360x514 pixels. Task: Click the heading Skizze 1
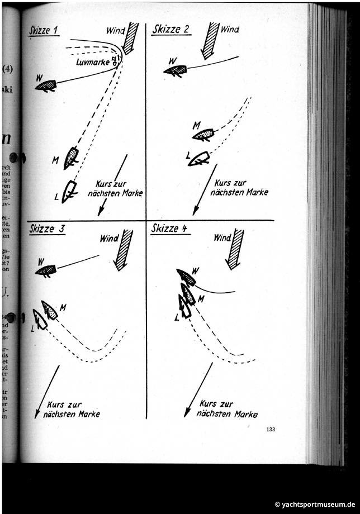pos(44,31)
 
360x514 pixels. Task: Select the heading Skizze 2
pos(170,30)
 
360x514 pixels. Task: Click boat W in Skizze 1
pos(46,86)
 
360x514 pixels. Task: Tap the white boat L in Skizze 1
pos(68,192)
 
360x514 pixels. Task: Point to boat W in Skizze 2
pos(176,70)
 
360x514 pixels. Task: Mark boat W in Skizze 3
pos(46,270)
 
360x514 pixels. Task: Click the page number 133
pos(271,429)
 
